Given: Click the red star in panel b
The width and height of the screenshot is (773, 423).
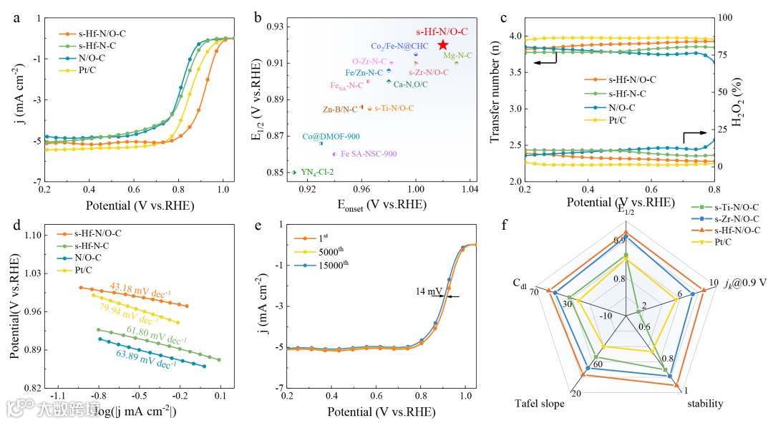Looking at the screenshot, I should pyautogui.click(x=443, y=45).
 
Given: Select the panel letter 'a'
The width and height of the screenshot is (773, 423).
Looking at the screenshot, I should pyautogui.click(x=16, y=19).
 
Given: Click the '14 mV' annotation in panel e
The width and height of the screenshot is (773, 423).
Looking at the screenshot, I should pyautogui.click(x=428, y=291).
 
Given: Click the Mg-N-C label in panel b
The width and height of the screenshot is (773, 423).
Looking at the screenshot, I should pyautogui.click(x=457, y=55).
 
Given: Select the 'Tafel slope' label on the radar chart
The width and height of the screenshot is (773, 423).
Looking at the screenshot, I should pyautogui.click(x=540, y=404).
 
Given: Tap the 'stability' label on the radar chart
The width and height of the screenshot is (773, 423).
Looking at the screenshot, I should pyautogui.click(x=705, y=404).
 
